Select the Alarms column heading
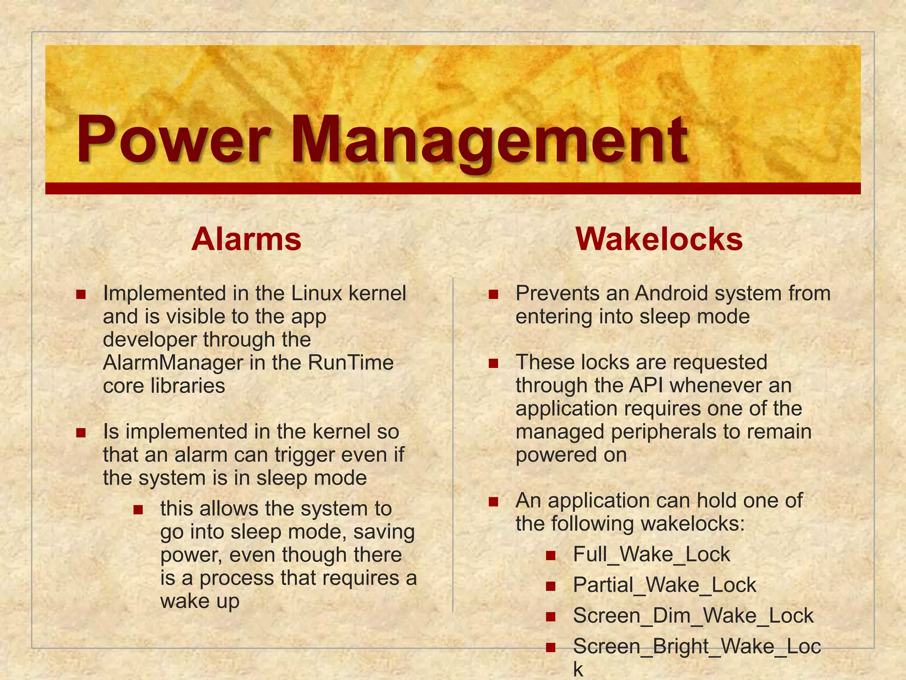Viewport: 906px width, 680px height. click(246, 239)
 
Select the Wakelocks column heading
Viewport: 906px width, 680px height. click(659, 239)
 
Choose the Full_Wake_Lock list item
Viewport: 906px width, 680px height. click(651, 554)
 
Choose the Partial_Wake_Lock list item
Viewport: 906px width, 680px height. click(664, 585)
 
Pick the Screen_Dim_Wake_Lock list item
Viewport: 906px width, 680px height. click(693, 616)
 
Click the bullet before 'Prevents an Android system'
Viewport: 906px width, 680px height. click(493, 294)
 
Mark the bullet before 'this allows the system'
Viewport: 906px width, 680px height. click(138, 510)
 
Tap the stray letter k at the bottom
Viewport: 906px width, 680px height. click(578, 669)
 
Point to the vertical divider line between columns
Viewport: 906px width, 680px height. click(453, 443)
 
